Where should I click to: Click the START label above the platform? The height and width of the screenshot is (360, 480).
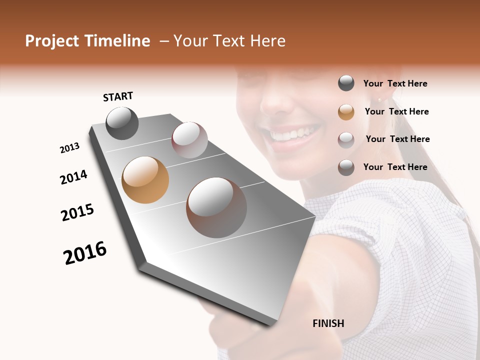(118, 96)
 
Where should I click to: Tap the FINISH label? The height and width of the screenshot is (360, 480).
(328, 323)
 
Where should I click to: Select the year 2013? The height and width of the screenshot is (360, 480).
(69, 148)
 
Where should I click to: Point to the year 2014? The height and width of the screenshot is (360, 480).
(73, 177)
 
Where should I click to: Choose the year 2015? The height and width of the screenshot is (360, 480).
(77, 212)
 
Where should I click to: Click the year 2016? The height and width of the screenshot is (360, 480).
(85, 252)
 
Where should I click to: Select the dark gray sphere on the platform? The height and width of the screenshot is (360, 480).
(122, 123)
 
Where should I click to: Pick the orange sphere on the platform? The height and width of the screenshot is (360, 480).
(145, 180)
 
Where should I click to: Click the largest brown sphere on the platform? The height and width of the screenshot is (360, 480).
(216, 207)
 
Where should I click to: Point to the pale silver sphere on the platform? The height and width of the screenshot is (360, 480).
(189, 140)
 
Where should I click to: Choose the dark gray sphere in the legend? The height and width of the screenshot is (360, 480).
(346, 83)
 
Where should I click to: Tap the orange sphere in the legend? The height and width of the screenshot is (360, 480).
(346, 112)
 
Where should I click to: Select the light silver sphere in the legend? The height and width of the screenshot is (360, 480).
(346, 139)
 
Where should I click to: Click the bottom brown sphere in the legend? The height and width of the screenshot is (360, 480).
(346, 167)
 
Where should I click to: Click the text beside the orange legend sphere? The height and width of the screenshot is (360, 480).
(396, 111)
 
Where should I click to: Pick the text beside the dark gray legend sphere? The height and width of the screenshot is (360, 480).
(395, 83)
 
